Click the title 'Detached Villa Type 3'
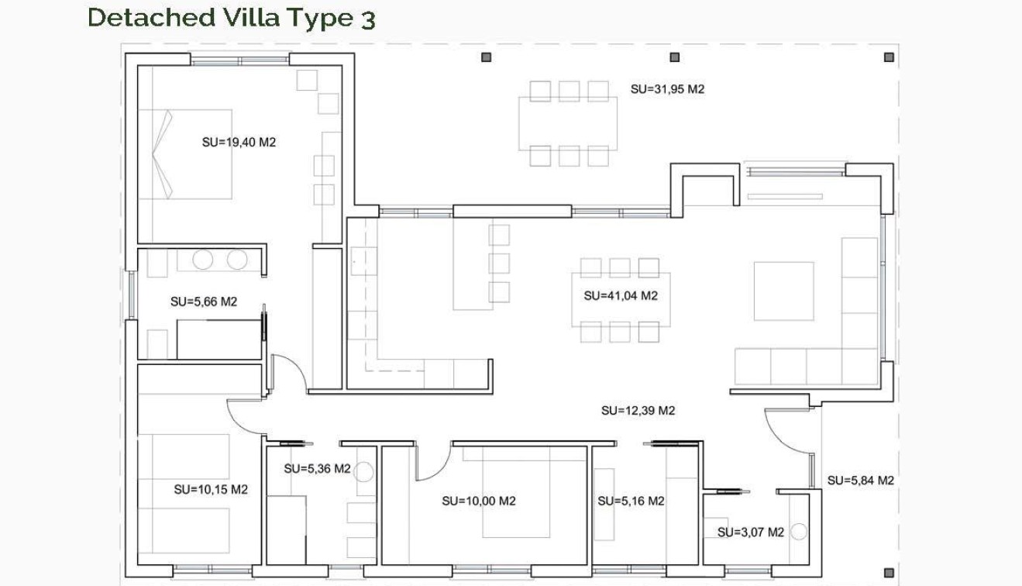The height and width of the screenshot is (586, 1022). point(232,18)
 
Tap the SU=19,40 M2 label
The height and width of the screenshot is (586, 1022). point(239,142)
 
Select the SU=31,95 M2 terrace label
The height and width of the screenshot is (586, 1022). point(667,89)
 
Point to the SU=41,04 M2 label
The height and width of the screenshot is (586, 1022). point(621,295)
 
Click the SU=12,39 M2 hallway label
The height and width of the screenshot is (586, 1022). point(638,411)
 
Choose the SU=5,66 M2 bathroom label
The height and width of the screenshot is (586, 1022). point(203,302)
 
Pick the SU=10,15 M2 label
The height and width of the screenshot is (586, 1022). point(211,489)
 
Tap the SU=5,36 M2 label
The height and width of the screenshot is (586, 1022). point(317,468)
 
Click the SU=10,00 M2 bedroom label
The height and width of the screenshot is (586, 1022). point(479,501)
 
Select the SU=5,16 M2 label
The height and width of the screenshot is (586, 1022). point(631,501)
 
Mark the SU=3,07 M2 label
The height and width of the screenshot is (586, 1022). point(750,532)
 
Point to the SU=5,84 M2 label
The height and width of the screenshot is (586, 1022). point(860,480)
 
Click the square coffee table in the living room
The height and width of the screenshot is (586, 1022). point(783,291)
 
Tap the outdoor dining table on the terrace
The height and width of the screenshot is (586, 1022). point(568,123)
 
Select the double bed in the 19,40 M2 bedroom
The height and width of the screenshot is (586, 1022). point(186,153)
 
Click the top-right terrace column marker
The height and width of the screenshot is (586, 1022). point(889,57)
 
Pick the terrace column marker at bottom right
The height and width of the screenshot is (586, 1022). point(889,573)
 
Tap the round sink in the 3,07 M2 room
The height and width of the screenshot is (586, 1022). point(798,532)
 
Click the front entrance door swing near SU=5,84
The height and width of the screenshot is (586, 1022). point(786,434)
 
